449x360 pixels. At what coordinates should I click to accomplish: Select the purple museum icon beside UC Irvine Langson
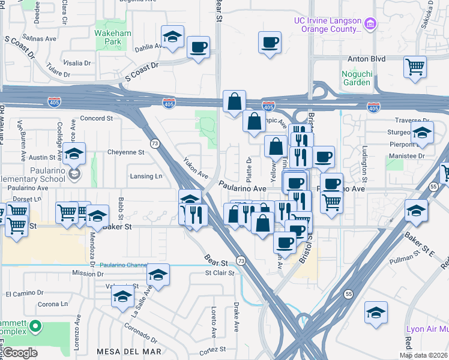[x=371, y=25]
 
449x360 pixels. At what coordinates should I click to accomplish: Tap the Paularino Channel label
[x=124, y=265]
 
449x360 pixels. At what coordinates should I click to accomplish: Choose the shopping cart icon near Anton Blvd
[x=415, y=67]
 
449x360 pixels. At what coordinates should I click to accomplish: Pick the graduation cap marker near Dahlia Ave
[x=172, y=38]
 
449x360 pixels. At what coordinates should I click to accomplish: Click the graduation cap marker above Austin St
[x=74, y=154]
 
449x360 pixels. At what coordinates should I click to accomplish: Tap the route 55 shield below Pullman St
[x=348, y=294]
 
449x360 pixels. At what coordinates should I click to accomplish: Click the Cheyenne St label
[x=125, y=152]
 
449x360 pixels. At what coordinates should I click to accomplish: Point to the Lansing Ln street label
[x=146, y=176]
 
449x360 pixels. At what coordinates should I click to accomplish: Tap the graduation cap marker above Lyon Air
[x=376, y=312]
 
